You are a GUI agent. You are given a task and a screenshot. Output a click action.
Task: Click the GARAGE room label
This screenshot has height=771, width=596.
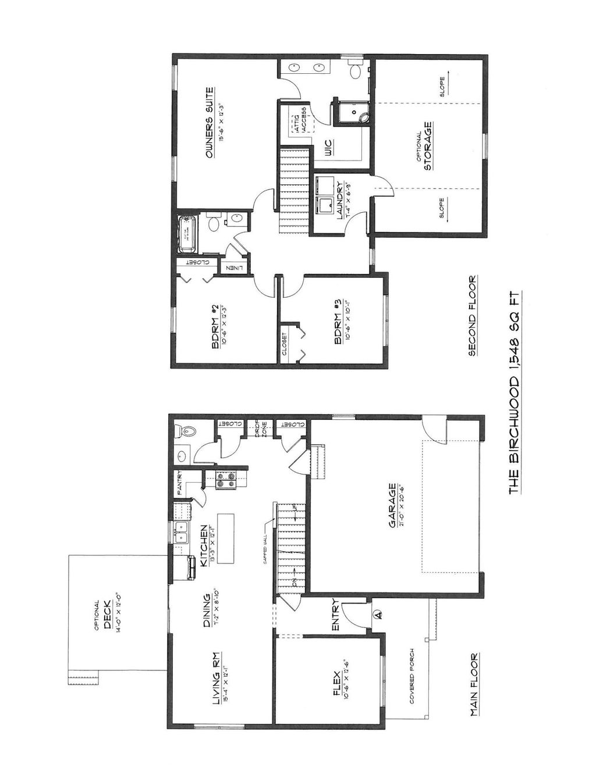393,505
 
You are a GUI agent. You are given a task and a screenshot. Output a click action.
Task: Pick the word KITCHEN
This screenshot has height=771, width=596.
204,547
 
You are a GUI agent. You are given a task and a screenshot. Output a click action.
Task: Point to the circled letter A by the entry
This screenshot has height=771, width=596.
377,613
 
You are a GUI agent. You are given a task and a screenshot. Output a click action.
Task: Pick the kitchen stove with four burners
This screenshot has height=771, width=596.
225,479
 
